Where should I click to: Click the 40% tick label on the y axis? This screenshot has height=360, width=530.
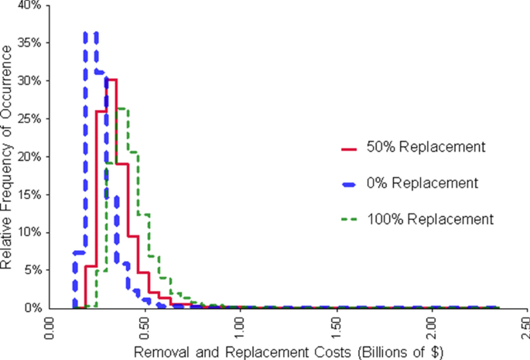pos(30,5)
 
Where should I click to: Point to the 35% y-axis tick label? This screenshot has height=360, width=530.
pos(30,43)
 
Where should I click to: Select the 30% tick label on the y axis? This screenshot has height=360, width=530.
pos(30,81)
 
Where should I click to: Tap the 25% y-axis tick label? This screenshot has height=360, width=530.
pos(30,118)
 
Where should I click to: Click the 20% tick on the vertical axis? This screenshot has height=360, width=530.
pos(30,156)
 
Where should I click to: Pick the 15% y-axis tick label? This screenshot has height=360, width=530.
pos(30,194)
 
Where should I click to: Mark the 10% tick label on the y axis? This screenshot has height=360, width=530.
pos(30,232)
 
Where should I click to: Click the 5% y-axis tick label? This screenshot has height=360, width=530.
pos(33,270)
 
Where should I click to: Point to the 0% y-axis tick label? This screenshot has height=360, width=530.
pos(33,307)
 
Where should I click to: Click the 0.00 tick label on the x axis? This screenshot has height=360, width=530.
pos(50,327)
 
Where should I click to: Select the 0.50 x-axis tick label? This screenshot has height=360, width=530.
pos(145,327)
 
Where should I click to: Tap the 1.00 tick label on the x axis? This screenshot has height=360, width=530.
pos(241,327)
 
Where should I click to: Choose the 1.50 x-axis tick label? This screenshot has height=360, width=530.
pos(336,327)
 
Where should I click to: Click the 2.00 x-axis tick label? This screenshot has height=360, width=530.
pos(432,327)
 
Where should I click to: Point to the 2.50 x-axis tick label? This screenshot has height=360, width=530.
pos(526,327)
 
